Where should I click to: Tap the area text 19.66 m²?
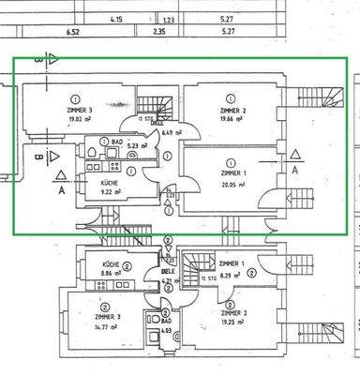pos(231,119)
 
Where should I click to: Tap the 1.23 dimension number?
pos(170,19)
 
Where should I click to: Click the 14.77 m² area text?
pos(100,326)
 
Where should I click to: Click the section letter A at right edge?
pos(295,172)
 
